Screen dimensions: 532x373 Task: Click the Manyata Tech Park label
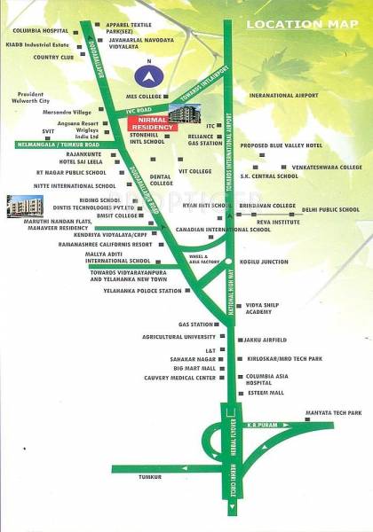tap(333, 413)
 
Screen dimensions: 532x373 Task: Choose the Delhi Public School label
tap(330, 210)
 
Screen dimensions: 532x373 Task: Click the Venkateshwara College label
tap(328, 167)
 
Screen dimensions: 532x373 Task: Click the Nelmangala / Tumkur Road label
tap(50, 142)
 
